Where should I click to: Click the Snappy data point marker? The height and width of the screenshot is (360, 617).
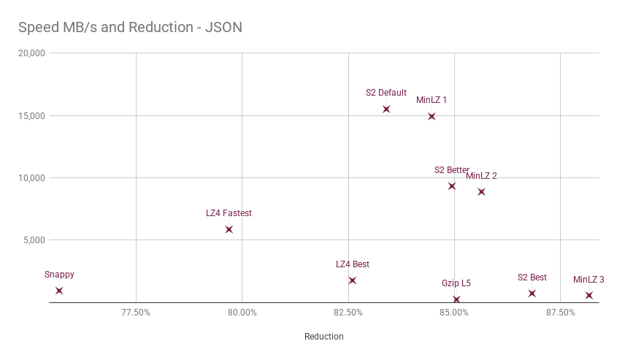pyautogui.click(x=59, y=291)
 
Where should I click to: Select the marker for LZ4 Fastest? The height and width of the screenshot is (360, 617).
pyautogui.click(x=229, y=229)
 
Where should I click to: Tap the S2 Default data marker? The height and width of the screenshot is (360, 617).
pyautogui.click(x=386, y=109)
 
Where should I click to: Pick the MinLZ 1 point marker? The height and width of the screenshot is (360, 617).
pyautogui.click(x=432, y=116)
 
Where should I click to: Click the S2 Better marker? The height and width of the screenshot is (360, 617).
pyautogui.click(x=452, y=186)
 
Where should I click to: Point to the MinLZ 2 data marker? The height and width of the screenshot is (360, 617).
pyautogui.click(x=481, y=192)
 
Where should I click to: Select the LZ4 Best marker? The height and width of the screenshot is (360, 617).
pyautogui.click(x=353, y=280)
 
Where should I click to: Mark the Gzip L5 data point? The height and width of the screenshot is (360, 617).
pyautogui.click(x=456, y=300)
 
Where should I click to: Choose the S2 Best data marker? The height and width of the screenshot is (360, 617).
pyautogui.click(x=532, y=294)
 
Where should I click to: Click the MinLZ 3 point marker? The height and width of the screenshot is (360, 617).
pyautogui.click(x=589, y=296)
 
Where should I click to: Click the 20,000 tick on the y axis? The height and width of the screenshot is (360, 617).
pyautogui.click(x=32, y=53)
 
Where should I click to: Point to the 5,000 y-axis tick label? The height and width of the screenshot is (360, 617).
pyautogui.click(x=34, y=240)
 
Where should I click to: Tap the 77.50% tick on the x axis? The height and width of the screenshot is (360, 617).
pyautogui.click(x=136, y=313)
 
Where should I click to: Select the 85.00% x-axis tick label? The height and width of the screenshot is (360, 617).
pyautogui.click(x=454, y=313)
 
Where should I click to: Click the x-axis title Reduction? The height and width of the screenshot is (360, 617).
pyautogui.click(x=324, y=337)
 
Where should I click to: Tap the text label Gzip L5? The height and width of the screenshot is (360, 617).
pyautogui.click(x=456, y=283)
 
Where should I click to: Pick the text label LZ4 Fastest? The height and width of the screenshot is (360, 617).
pyautogui.click(x=229, y=213)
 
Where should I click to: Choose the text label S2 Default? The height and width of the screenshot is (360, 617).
pyautogui.click(x=386, y=93)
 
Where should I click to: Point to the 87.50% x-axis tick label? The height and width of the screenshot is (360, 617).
pyautogui.click(x=560, y=313)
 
